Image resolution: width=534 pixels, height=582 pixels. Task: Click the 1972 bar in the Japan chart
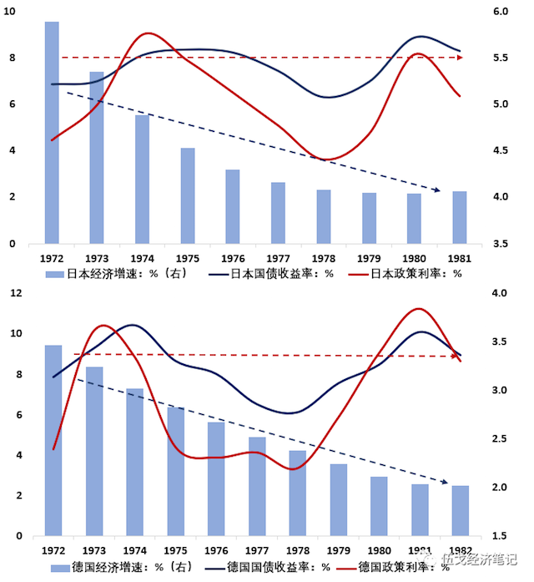(x=52, y=134)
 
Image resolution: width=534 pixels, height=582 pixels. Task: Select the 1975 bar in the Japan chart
(x=188, y=196)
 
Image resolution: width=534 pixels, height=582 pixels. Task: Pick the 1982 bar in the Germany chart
(x=461, y=510)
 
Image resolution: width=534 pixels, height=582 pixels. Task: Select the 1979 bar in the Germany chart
(x=338, y=499)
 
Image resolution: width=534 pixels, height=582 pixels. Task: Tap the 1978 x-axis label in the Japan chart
(x=324, y=258)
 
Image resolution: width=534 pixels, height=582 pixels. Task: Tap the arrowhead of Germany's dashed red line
(x=459, y=357)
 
